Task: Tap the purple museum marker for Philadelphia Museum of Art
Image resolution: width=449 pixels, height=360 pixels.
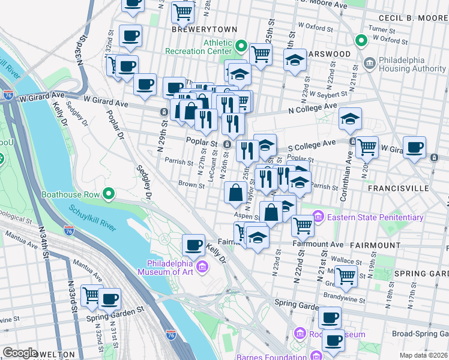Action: [203, 266]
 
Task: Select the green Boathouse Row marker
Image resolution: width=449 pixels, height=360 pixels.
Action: [108, 194]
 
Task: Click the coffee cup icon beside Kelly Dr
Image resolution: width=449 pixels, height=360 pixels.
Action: [193, 244]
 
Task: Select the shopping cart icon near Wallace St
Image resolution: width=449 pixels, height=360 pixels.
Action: [346, 275]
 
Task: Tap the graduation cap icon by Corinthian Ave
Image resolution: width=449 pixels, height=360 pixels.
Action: [350, 119]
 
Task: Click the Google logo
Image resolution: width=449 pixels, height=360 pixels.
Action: [20, 353]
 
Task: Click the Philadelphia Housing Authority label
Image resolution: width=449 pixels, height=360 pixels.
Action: [408, 65]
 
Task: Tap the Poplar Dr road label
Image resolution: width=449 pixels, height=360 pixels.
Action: [115, 124]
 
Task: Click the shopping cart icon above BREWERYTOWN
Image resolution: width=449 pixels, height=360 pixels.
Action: [182, 11]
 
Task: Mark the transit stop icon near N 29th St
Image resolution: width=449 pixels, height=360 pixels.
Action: [163, 112]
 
